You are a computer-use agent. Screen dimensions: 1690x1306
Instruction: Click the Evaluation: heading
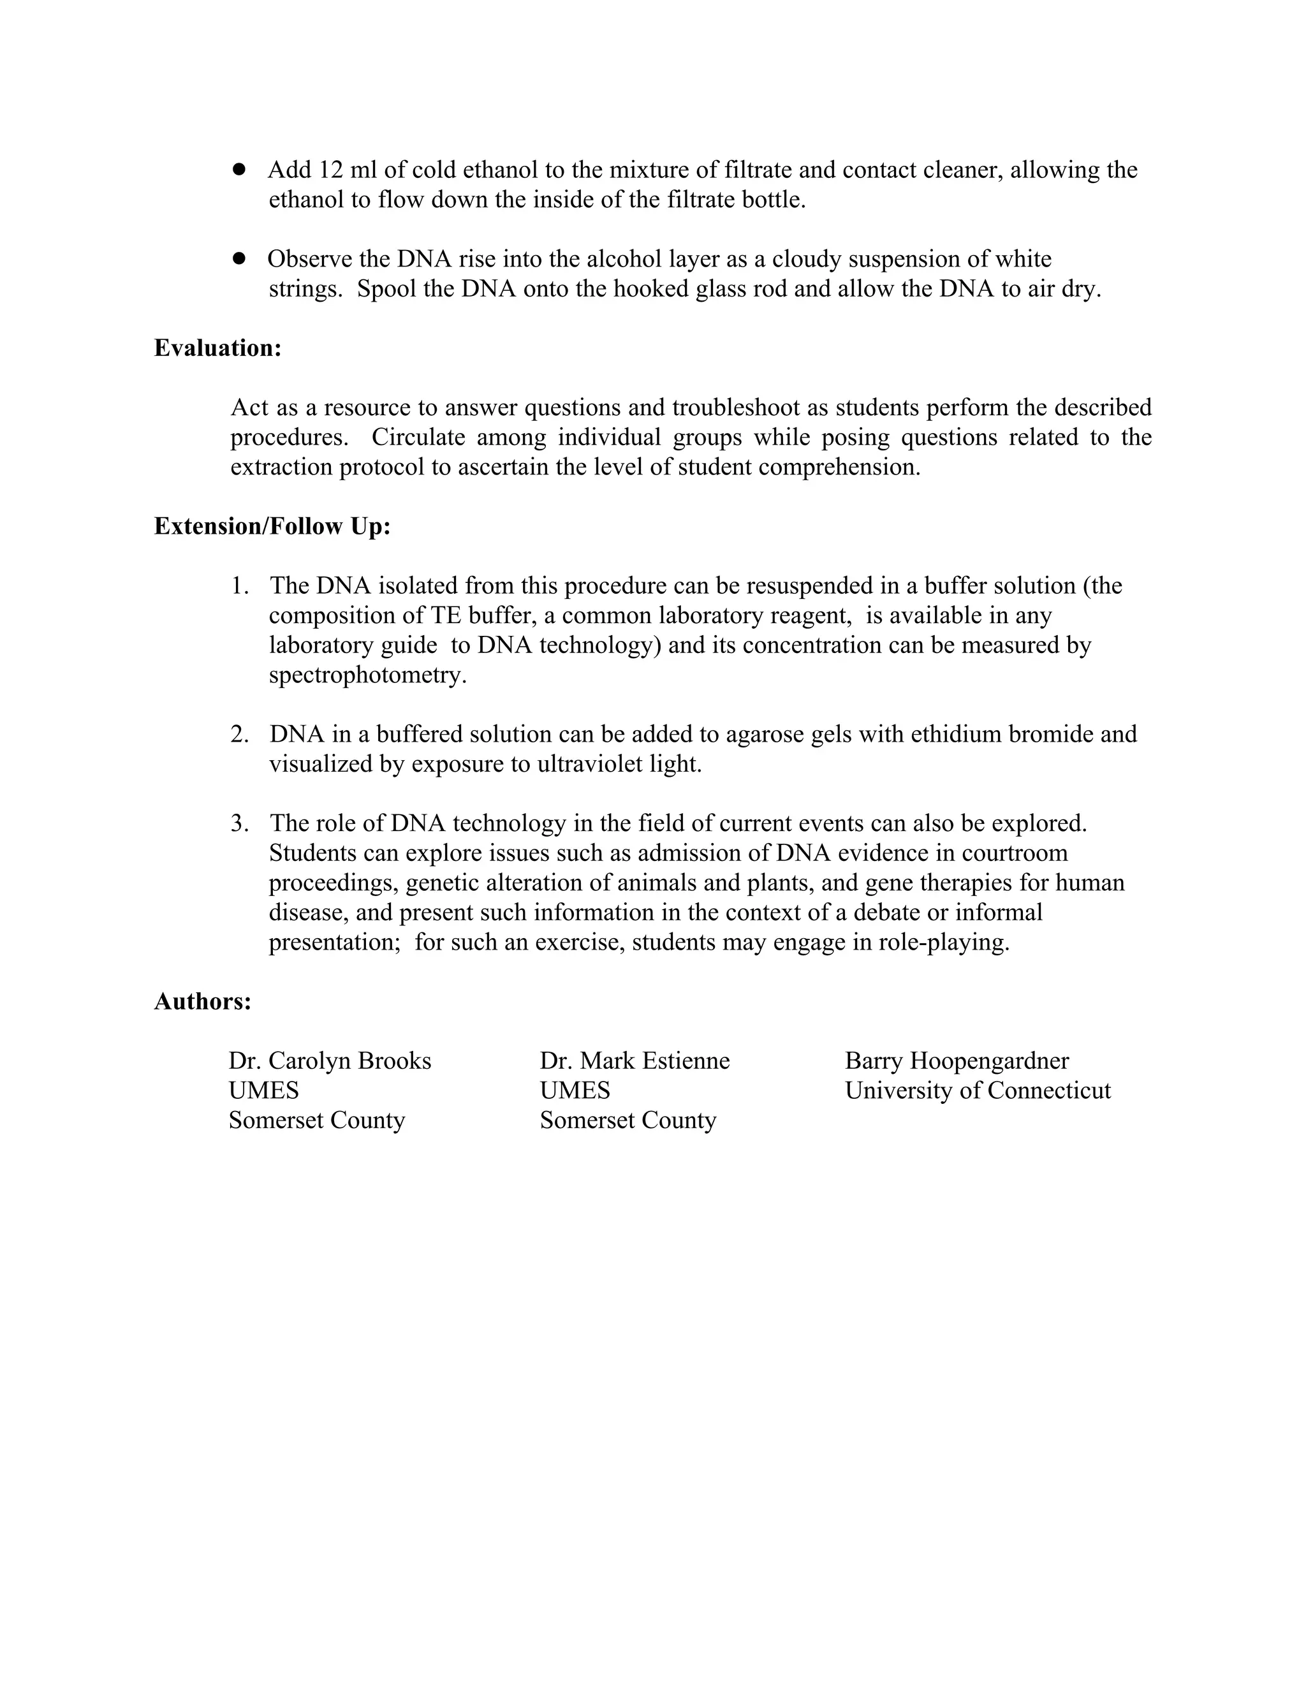point(217,348)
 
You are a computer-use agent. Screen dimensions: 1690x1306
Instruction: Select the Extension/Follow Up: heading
point(272,526)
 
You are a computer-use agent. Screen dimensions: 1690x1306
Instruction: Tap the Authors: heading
point(203,1001)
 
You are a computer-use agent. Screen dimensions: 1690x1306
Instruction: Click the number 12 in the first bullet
point(331,170)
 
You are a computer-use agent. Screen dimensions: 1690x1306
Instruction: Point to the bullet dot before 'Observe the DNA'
point(239,258)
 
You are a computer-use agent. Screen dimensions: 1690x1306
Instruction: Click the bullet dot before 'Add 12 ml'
point(239,169)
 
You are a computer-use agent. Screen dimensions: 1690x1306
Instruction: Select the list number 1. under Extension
point(240,586)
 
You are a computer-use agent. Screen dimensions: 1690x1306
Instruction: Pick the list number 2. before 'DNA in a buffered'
point(240,734)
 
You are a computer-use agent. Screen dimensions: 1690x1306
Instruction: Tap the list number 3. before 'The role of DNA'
point(240,823)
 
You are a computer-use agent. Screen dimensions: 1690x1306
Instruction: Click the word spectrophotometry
point(367,675)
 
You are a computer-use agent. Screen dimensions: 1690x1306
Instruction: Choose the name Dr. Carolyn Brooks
point(330,1061)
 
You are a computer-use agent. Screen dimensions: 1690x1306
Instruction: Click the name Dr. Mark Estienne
point(635,1061)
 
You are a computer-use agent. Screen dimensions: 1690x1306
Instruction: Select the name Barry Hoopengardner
point(957,1061)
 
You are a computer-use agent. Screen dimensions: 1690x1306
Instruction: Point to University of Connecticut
point(977,1091)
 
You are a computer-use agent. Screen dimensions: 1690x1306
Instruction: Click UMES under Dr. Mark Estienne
point(574,1091)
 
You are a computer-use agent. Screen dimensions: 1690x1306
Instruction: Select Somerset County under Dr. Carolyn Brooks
point(316,1121)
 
